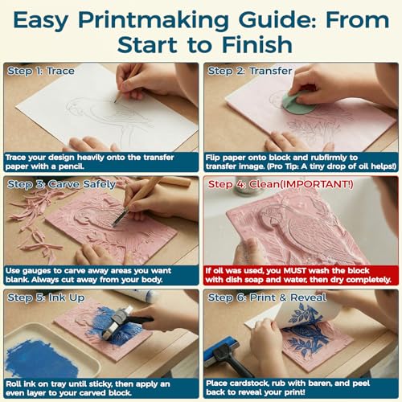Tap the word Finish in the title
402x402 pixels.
click(x=257, y=44)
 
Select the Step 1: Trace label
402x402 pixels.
click(x=41, y=71)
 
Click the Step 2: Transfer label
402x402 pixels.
click(x=250, y=71)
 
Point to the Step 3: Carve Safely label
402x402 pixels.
click(x=62, y=184)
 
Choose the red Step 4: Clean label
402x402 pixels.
click(x=281, y=184)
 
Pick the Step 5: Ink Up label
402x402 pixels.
click(x=46, y=297)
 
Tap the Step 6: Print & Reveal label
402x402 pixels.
click(x=267, y=297)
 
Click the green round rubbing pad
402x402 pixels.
click(x=298, y=102)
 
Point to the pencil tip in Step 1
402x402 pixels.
click(x=115, y=102)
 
